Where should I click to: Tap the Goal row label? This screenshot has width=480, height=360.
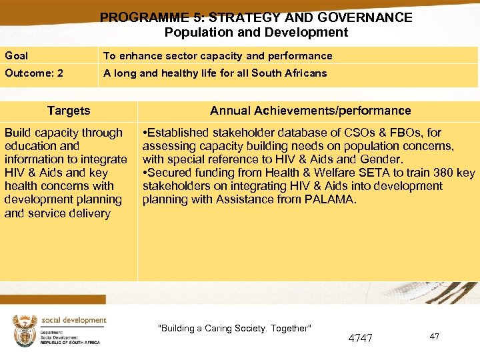16,56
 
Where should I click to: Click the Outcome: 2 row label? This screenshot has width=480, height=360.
34,73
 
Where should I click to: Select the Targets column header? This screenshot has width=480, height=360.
69,111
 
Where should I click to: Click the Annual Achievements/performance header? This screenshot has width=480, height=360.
310,111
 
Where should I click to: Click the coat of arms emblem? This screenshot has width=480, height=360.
25,329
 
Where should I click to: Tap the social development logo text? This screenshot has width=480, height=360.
74,320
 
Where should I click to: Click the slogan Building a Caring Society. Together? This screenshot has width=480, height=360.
234,328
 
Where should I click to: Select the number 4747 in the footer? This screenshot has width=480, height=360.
361,338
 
